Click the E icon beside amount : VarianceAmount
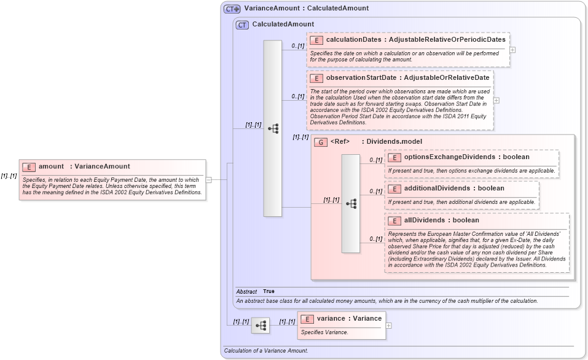click(x=29, y=166)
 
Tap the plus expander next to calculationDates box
click(x=512, y=50)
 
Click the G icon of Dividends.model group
click(x=321, y=142)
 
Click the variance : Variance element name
click(x=349, y=319)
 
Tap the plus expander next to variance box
click(x=388, y=326)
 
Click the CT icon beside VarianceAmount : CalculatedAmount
click(x=232, y=9)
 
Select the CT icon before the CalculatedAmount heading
click(x=242, y=25)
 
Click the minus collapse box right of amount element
click(x=209, y=180)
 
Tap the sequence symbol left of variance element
click(x=261, y=326)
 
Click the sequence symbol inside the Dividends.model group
click(x=351, y=203)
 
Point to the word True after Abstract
click(x=269, y=291)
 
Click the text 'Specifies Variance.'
click(x=324, y=332)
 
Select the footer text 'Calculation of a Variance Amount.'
click(x=265, y=351)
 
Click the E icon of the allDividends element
click(x=394, y=221)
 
